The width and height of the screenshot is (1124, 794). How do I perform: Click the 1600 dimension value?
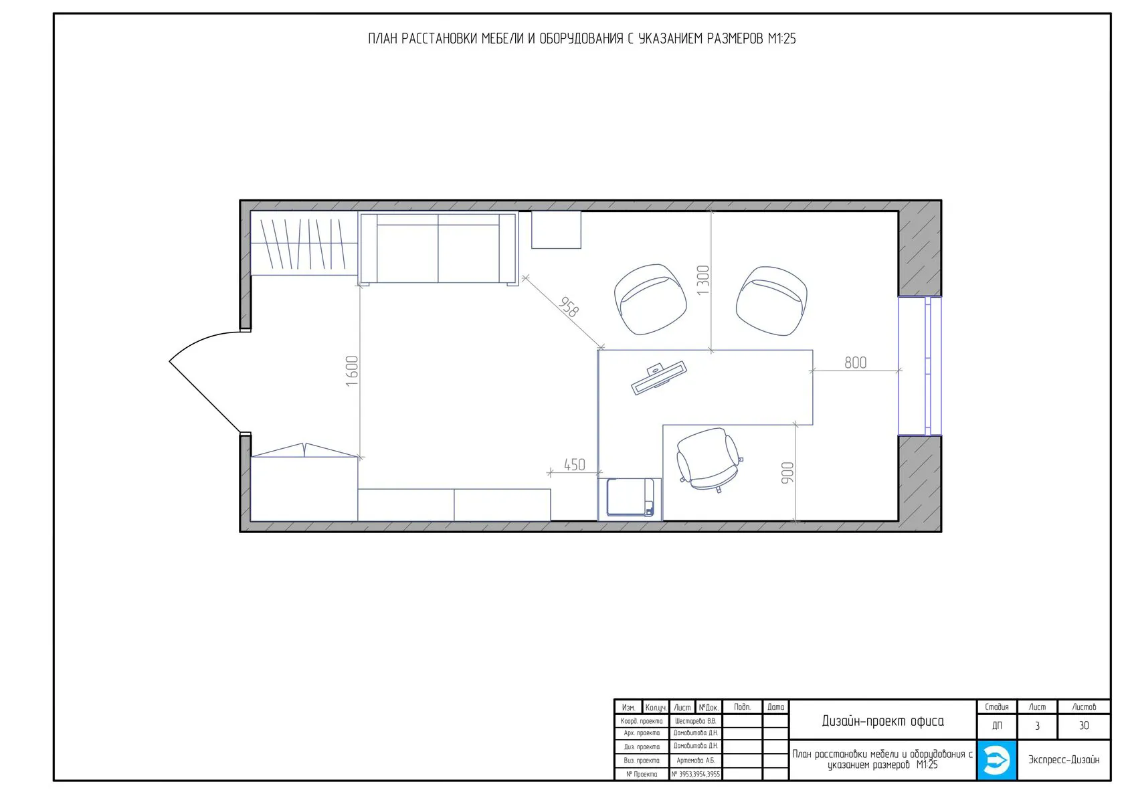(x=352, y=371)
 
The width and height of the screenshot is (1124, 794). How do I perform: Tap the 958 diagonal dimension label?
(x=569, y=307)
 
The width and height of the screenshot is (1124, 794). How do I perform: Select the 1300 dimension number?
(x=703, y=280)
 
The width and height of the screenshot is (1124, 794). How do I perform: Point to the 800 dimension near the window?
(x=856, y=363)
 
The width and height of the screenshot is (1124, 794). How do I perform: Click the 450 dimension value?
(x=575, y=465)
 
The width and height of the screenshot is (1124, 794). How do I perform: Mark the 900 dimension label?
(x=788, y=473)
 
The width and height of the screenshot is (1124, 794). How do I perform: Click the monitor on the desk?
(x=659, y=378)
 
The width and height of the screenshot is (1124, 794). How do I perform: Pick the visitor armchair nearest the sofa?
(x=650, y=300)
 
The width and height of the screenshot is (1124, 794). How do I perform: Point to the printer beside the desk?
(x=630, y=497)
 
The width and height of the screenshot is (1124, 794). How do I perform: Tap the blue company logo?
(x=997, y=760)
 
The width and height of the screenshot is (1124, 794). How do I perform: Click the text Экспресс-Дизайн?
(x=1063, y=760)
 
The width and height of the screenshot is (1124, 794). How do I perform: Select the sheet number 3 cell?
(x=1037, y=726)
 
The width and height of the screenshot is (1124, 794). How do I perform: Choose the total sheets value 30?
(x=1084, y=726)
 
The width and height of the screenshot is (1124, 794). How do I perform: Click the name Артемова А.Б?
(x=695, y=761)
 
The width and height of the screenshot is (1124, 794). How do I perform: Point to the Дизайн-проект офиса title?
(x=882, y=721)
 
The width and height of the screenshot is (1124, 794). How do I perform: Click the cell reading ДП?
(x=997, y=726)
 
